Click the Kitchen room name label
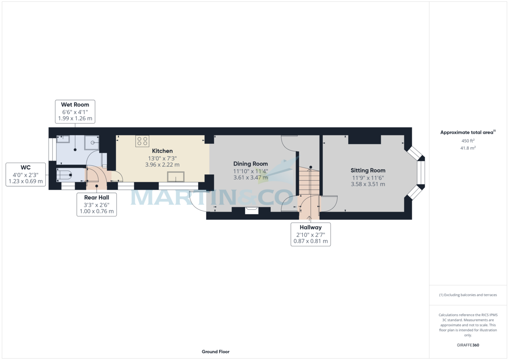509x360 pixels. (x=162, y=151)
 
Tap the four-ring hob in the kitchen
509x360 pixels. (x=142, y=141)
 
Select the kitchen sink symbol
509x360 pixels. (x=176, y=177)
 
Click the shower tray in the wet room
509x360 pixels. (x=92, y=143)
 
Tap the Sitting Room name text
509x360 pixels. (x=368, y=170)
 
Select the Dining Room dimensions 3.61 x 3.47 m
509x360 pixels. (x=250, y=177)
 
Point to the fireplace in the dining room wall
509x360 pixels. (x=252, y=210)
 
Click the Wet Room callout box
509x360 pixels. (x=75, y=112)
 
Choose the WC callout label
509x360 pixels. (x=25, y=174)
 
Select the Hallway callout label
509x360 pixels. (x=310, y=234)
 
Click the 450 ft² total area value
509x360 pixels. (x=468, y=141)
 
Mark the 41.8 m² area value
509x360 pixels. (x=468, y=148)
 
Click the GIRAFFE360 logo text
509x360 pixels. (x=468, y=345)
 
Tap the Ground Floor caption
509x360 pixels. (x=215, y=352)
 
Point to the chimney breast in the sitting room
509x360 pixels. (x=364, y=140)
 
